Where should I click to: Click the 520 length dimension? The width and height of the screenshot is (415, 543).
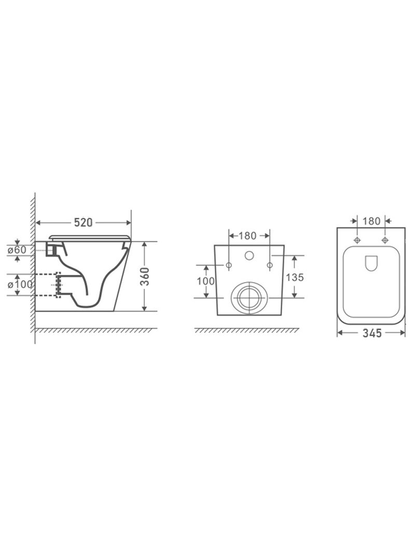click(x=84, y=222)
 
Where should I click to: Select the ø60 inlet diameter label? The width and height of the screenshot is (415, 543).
click(x=17, y=249)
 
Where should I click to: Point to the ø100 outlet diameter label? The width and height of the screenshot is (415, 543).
click(x=20, y=285)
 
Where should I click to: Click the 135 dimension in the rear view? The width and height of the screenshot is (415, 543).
click(x=295, y=277)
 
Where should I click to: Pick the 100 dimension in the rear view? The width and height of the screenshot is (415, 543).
click(x=206, y=281)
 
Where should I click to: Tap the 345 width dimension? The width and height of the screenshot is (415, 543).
click(x=372, y=333)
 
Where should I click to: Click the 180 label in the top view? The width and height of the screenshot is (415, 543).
click(x=372, y=221)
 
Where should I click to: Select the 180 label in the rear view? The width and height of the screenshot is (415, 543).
click(x=247, y=236)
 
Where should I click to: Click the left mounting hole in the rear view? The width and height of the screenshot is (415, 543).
click(x=229, y=265)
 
